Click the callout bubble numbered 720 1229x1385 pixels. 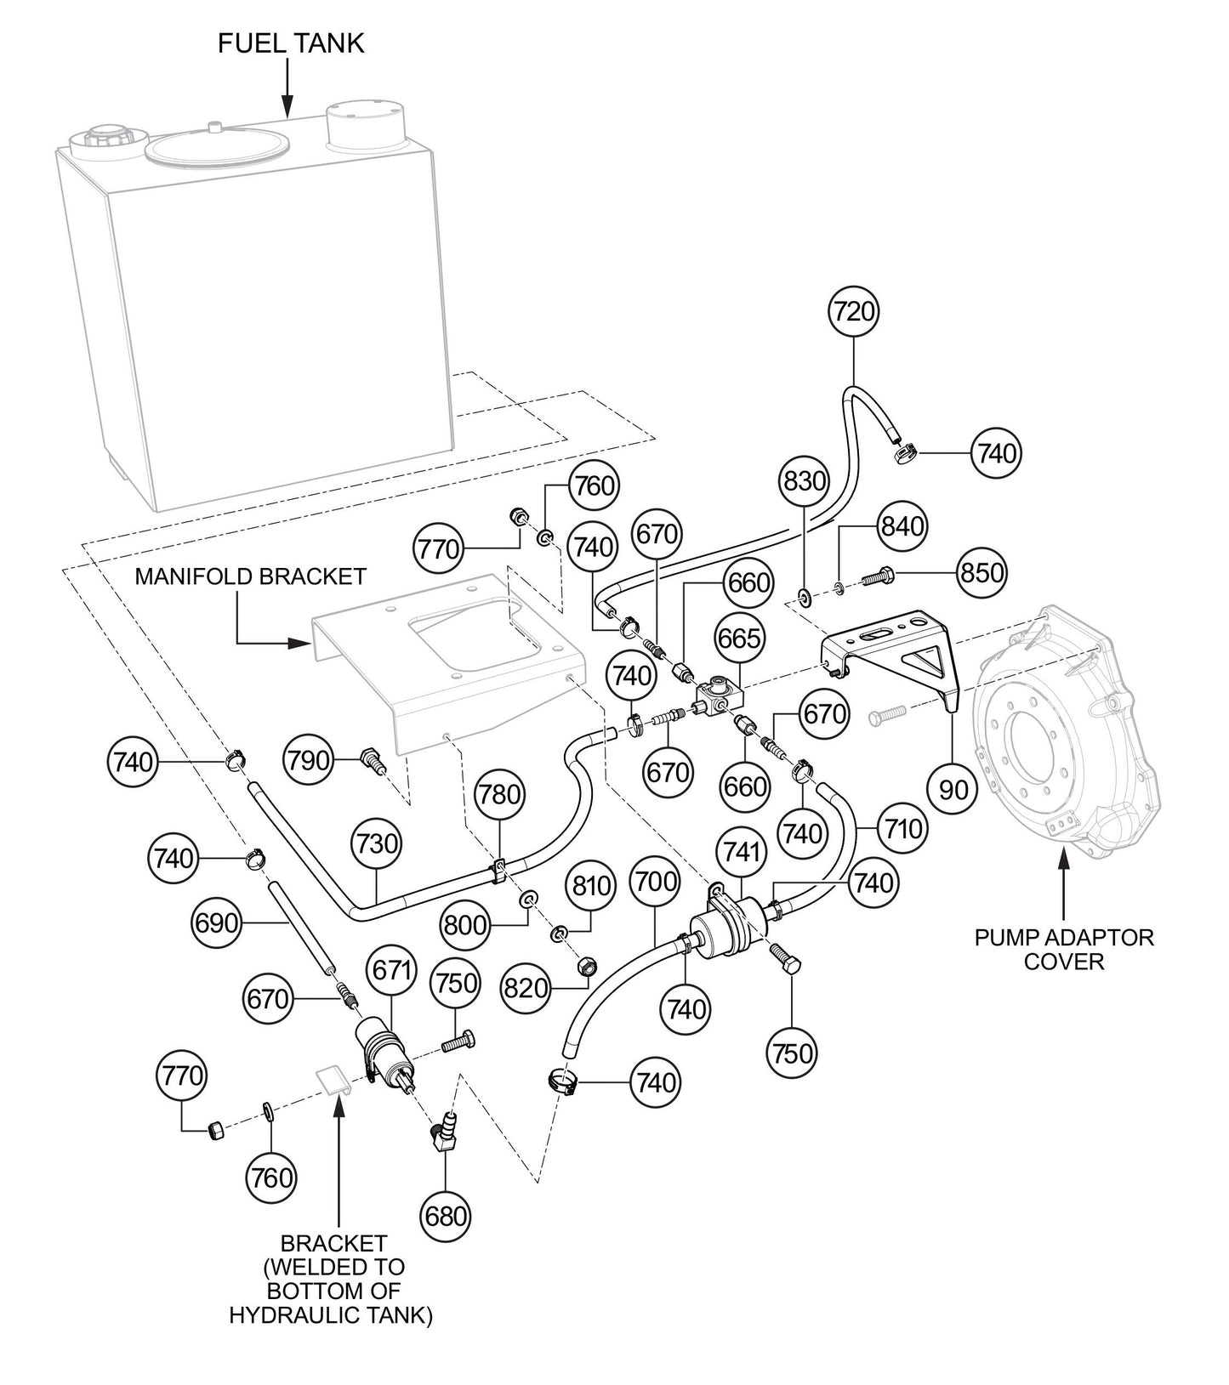pos(853,312)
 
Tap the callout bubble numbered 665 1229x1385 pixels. pos(739,638)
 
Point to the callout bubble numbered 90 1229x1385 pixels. pos(953,790)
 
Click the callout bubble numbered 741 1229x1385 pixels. pos(741,852)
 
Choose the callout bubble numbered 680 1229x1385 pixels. pos(446,1215)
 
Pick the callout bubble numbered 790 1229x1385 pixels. pos(308,759)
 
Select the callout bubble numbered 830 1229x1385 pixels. pos(804,482)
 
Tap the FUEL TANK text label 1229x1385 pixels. pos(291,44)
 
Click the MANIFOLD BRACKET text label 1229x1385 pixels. pos(251,576)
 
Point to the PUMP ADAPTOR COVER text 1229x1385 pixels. pos(1064,950)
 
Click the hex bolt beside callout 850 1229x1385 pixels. pos(876,578)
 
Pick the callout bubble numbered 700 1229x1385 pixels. pos(656,883)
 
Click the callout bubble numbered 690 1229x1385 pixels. pos(215,922)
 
